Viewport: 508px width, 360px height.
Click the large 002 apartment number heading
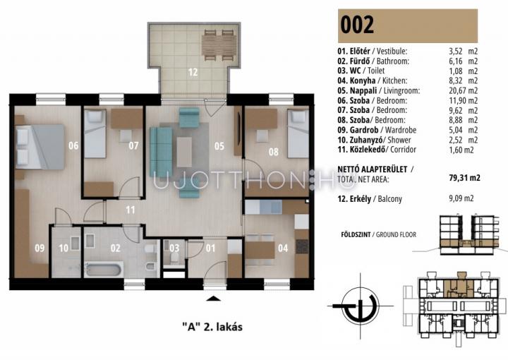click(357, 25)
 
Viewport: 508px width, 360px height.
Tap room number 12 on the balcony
click(193, 72)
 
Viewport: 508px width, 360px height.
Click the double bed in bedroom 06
click(40, 147)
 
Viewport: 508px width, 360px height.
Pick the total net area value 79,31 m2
click(464, 178)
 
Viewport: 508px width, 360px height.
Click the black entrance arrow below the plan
click(213, 299)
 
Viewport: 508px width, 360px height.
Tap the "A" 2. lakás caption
click(212, 327)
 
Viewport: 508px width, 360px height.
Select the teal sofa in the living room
click(161, 152)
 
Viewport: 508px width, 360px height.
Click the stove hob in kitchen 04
click(302, 246)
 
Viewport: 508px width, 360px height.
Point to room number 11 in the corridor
click(131, 210)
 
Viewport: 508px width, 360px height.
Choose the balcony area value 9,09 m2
click(461, 198)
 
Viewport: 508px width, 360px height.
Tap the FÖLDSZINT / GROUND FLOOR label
click(378, 234)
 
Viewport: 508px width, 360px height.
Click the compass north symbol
click(361, 306)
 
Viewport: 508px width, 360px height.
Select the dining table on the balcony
click(219, 45)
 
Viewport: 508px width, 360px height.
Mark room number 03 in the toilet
click(174, 248)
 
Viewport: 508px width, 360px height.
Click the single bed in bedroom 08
click(298, 133)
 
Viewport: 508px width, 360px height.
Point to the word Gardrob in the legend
click(364, 130)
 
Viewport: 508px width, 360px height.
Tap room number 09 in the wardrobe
click(40, 248)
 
